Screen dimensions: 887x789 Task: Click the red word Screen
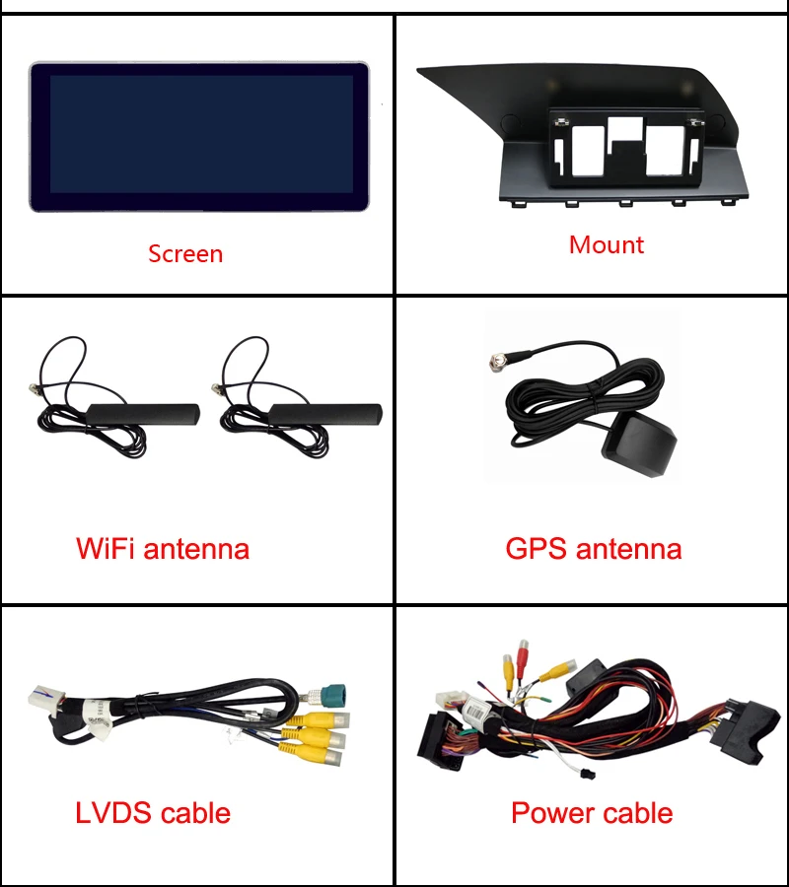(185, 253)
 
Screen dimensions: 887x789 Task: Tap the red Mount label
(606, 244)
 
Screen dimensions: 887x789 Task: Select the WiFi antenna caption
(163, 548)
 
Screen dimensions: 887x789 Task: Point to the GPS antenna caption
(593, 548)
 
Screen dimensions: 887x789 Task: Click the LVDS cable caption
(153, 813)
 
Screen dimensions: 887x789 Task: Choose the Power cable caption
(592, 813)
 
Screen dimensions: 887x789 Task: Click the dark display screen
(200, 135)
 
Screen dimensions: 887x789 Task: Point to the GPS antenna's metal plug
(496, 363)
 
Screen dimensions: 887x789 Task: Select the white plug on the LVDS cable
(40, 696)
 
